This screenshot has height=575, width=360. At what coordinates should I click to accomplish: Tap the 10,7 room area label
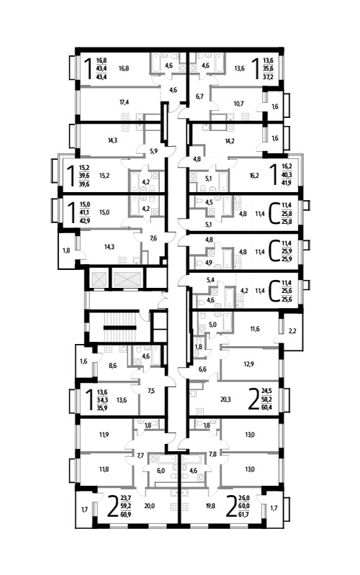(238, 104)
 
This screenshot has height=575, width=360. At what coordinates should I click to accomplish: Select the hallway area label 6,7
(199, 96)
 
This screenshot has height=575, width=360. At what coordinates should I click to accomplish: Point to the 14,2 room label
(230, 140)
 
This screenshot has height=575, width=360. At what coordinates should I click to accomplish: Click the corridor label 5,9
(154, 150)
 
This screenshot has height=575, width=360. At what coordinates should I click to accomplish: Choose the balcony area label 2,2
(292, 331)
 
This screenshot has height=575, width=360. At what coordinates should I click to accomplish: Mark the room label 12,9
(249, 364)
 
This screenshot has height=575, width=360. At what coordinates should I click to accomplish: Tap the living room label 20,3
(225, 399)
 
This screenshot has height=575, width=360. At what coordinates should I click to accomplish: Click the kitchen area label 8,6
(112, 366)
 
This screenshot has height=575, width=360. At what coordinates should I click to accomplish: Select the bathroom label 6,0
(161, 471)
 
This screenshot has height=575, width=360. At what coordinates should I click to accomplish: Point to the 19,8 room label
(210, 506)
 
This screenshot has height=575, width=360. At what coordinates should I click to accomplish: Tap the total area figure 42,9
(84, 220)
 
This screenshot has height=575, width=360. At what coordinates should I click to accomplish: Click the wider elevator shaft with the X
(127, 279)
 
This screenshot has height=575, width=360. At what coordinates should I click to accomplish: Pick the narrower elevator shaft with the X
(99, 279)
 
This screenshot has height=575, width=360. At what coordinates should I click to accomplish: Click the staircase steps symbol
(120, 327)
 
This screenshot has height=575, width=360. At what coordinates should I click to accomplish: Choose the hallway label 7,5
(150, 391)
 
